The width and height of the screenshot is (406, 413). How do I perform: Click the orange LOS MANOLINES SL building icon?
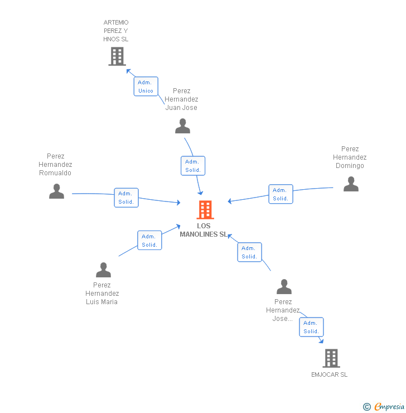coord(205,210)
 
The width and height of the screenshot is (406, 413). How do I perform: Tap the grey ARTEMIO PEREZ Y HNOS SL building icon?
coord(117,56)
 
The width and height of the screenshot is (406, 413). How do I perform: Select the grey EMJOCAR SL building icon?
coord(331,358)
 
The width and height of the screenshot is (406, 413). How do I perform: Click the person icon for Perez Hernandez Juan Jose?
coord(182,126)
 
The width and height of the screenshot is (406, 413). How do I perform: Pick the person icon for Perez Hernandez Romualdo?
coord(56,191)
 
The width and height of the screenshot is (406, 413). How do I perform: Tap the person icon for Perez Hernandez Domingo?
coord(351,184)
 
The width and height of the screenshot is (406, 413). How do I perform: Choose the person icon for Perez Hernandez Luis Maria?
coord(103,270)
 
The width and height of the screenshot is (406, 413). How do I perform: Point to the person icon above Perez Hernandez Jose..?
coord(284,287)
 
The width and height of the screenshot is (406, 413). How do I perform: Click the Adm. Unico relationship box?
coord(146,87)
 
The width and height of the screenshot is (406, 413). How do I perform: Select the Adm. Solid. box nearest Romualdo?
coord(126,198)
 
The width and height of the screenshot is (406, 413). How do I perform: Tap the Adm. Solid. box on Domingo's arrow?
coord(281,194)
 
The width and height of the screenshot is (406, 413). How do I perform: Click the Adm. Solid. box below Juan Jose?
coord(193,166)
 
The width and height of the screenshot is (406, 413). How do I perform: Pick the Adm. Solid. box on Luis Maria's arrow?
coord(149,240)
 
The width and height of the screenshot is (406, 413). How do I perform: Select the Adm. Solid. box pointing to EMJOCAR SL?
coord(311,327)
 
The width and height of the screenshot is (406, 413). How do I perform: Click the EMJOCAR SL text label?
coord(329,374)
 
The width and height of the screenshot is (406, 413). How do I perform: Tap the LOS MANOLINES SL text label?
coord(204,230)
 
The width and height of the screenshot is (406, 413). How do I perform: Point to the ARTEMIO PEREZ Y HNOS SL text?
coord(116,31)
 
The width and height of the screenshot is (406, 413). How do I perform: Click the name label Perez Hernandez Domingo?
coord(350,157)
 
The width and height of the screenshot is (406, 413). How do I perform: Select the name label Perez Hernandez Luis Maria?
coord(102,293)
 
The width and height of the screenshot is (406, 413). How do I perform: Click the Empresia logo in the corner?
coord(384,407)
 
